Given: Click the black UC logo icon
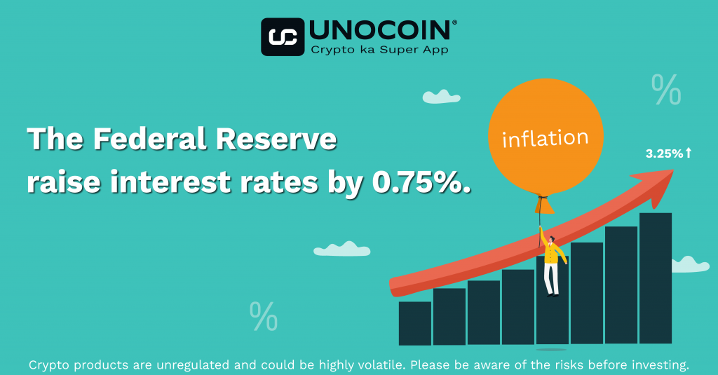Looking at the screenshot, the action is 283,36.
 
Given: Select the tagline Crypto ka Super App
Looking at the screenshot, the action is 379,50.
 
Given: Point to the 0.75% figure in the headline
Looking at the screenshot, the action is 421,182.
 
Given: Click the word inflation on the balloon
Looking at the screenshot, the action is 545,139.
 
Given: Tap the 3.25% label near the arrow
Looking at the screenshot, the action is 665,154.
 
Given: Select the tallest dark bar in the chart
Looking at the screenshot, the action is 656,278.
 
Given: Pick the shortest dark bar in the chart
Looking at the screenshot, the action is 415,323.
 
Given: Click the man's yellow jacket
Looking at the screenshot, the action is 553,252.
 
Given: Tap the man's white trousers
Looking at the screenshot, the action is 551,278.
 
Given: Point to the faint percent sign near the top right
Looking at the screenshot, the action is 666,89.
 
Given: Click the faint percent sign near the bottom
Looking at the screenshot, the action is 264,316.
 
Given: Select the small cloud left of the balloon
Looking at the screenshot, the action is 441,97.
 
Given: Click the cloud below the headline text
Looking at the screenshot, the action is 342,249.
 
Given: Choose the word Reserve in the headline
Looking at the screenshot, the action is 276,139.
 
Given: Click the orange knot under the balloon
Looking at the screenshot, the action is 544,205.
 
